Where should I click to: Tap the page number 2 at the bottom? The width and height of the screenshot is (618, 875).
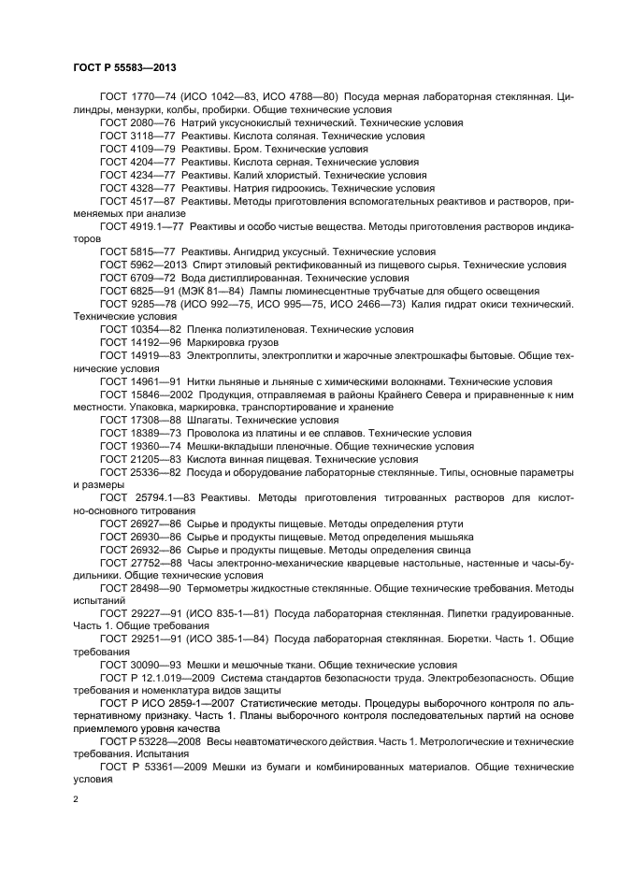coord(76,800)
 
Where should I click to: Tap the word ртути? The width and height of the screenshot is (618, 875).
coord(444,524)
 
